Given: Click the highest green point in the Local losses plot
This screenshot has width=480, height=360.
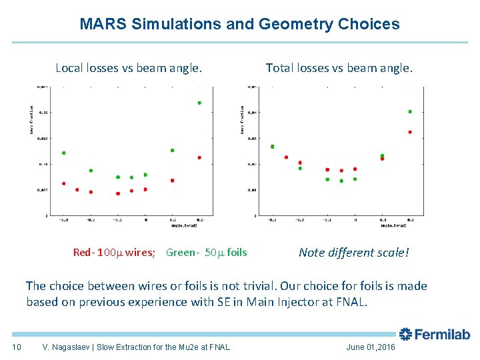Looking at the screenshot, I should (199, 103).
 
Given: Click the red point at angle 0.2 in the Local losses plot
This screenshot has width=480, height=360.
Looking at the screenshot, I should (199, 157).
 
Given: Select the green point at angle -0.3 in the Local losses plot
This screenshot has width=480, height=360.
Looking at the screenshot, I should (63, 153).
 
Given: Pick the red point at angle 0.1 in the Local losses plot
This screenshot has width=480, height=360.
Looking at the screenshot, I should (172, 180).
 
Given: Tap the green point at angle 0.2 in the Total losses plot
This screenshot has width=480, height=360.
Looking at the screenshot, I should (410, 111).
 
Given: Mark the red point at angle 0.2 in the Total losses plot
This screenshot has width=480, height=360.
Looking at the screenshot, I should (410, 132).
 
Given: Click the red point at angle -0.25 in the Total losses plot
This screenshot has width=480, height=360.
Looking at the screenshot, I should (286, 157).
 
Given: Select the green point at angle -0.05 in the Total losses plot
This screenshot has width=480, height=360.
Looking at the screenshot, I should (341, 181).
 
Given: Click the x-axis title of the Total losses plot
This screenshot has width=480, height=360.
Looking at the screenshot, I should (395, 225).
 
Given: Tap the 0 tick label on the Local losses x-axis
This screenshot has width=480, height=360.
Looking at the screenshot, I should (145, 219).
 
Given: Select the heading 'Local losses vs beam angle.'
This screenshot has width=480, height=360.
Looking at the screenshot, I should (129, 67).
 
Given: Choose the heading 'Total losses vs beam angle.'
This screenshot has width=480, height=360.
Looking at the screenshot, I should (339, 67).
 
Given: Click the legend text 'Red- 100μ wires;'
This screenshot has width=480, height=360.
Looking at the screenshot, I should (114, 252).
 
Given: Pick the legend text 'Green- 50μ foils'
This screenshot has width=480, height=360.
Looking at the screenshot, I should (206, 252).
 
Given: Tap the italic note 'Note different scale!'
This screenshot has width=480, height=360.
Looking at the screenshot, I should (354, 252).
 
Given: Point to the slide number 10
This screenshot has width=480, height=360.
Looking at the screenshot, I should (17, 347).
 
